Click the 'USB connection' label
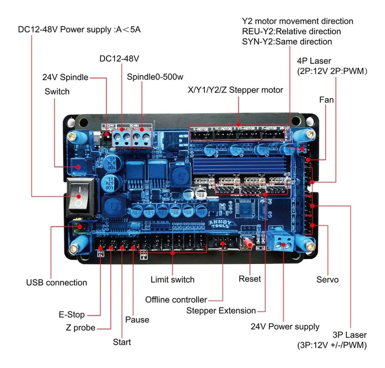pyautogui.click(x=56, y=282)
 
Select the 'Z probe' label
pyautogui.click(x=79, y=327)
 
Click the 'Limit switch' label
pyautogui.click(x=173, y=280)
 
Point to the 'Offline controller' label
pyautogui.click(x=176, y=300)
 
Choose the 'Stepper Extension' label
pyautogui.click(x=221, y=311)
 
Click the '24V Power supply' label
pyautogui.click(x=285, y=327)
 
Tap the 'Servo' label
pyautogui.click(x=327, y=280)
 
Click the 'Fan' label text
pyautogui.click(x=326, y=100)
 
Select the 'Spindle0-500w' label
pyautogui.click(x=155, y=77)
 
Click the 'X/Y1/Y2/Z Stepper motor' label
pyautogui.click(x=235, y=90)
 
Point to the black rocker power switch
pyautogui.click(x=80, y=197)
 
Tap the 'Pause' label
pyautogui.click(x=137, y=319)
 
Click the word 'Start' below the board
pyautogui.click(x=122, y=342)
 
